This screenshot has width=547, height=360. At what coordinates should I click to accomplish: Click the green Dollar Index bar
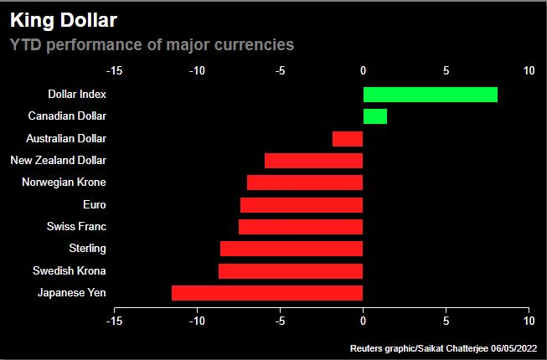point(430,95)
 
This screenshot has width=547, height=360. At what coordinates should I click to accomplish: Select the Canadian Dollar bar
point(374,116)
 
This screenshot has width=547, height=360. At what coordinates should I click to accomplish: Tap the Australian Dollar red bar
point(348,139)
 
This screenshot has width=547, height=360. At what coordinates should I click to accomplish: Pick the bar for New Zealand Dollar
point(313,161)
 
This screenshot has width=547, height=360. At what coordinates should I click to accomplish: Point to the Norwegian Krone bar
point(305,183)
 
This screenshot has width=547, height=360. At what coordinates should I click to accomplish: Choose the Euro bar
point(302,205)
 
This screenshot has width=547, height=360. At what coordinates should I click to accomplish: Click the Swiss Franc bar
point(301,227)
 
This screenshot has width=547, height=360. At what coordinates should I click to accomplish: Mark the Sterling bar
point(292,249)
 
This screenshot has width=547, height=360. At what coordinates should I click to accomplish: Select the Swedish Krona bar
point(291,270)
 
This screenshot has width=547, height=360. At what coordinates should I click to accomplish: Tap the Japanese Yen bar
point(267,293)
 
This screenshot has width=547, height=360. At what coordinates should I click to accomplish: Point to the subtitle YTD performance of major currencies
point(152,44)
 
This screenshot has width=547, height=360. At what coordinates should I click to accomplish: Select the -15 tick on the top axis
point(115,71)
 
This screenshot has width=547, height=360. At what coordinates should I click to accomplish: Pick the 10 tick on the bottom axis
point(529,319)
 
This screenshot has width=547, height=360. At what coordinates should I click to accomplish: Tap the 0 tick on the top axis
point(363,71)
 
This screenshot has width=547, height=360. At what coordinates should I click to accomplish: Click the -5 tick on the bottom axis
point(280,319)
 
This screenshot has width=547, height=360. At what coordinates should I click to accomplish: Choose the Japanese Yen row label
point(71,293)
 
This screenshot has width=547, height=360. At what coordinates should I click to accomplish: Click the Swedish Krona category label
point(70,270)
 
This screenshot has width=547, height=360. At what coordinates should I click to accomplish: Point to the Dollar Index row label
point(77,95)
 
